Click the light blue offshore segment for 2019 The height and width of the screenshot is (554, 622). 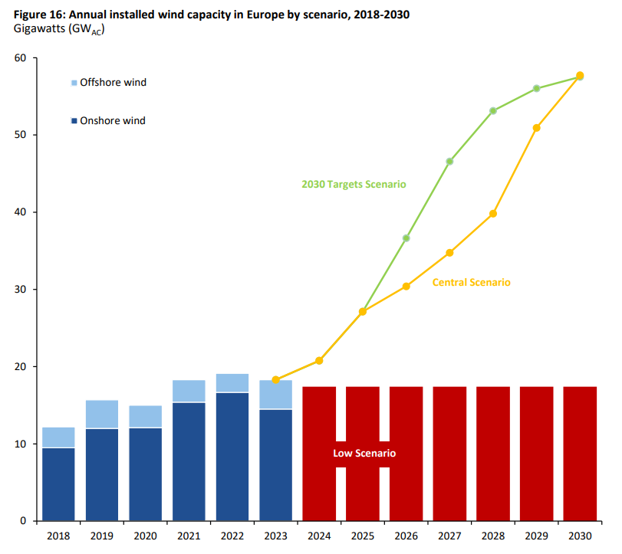pyautogui.click(x=102, y=414)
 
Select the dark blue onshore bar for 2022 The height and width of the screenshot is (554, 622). pyautogui.click(x=232, y=457)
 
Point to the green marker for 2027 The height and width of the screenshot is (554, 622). pyautogui.click(x=449, y=162)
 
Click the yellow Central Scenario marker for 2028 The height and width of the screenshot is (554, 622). pyautogui.click(x=493, y=214)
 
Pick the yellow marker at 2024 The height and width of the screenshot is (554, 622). pyautogui.click(x=319, y=361)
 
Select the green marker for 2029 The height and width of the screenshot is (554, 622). pyautogui.click(x=537, y=89)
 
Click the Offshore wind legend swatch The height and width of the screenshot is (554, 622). pyautogui.click(x=74, y=83)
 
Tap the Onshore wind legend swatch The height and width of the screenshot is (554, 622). pyautogui.click(x=74, y=121)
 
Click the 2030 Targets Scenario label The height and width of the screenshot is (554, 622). pyautogui.click(x=354, y=185)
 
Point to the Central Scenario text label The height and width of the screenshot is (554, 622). pyautogui.click(x=471, y=283)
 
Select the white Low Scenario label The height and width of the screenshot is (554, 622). pyautogui.click(x=364, y=454)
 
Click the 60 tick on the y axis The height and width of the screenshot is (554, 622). pyautogui.click(x=20, y=58)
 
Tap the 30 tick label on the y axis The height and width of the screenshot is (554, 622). pyautogui.click(x=20, y=290)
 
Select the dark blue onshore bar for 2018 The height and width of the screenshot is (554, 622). pyautogui.click(x=58, y=484)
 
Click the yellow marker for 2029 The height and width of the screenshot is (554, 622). pyautogui.click(x=537, y=128)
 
